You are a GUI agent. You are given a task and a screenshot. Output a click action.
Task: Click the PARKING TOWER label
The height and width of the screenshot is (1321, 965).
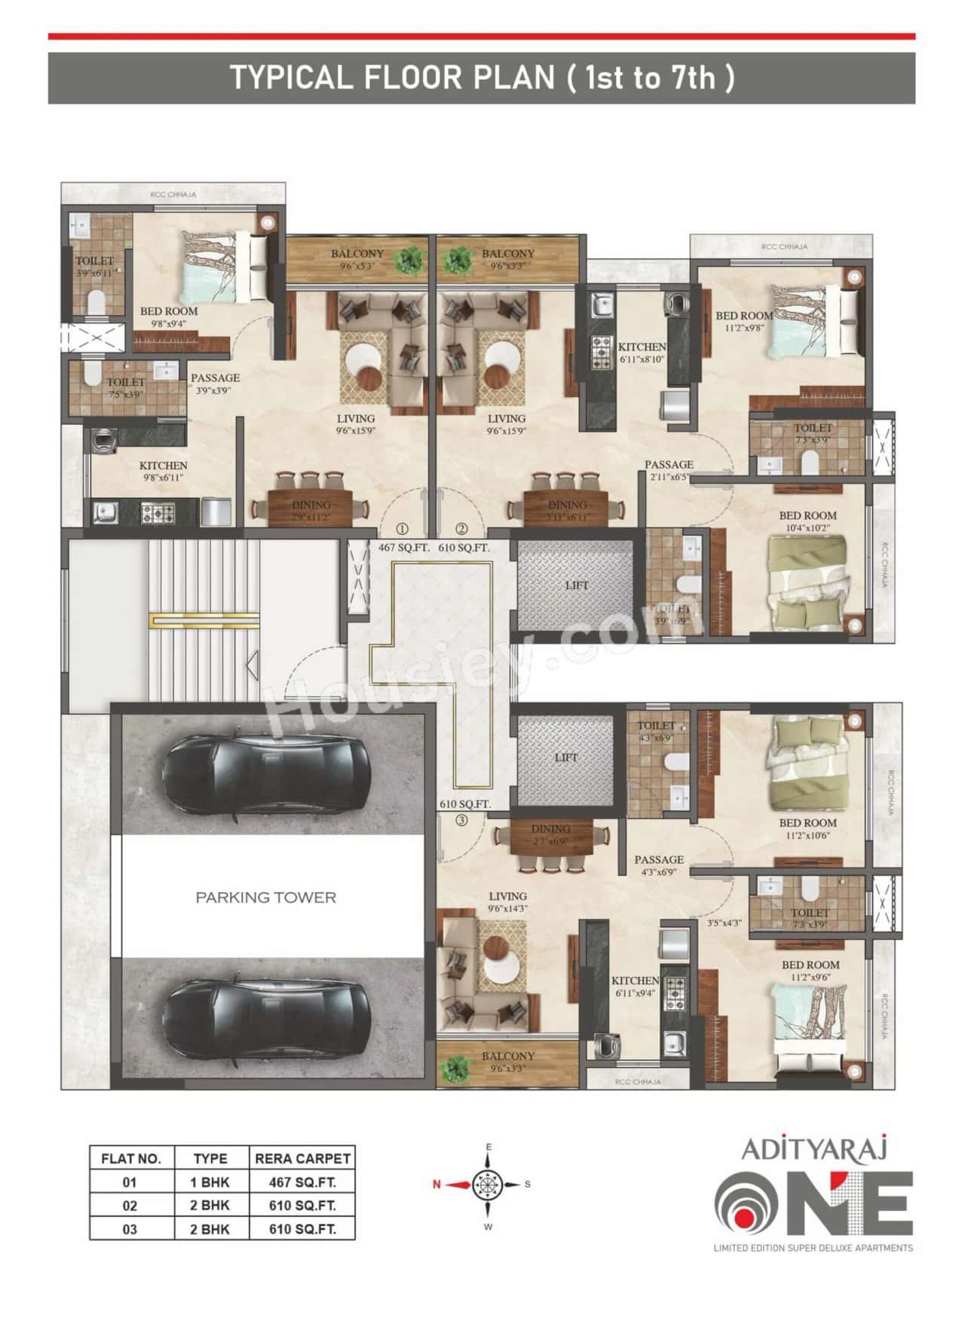tap(265, 897)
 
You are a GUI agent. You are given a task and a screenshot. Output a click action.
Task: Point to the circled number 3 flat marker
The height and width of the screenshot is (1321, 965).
tap(461, 821)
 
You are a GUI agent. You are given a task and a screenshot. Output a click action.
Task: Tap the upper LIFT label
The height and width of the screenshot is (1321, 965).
tap(577, 586)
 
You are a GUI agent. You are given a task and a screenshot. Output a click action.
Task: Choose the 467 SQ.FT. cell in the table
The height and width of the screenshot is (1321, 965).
tap(302, 1182)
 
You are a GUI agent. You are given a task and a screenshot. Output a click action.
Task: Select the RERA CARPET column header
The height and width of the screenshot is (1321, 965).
tap(302, 1158)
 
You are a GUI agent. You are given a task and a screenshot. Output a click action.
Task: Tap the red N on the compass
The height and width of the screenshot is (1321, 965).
tap(437, 1185)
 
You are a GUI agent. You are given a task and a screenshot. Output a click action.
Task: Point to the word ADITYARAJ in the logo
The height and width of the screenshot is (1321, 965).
tap(814, 1149)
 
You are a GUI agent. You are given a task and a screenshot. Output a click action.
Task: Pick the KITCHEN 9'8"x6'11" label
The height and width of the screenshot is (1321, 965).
tap(163, 471)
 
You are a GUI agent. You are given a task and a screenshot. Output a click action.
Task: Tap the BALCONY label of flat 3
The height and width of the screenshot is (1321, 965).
tap(507, 1061)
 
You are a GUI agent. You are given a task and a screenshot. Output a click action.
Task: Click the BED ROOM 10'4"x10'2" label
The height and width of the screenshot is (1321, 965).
tap(807, 521)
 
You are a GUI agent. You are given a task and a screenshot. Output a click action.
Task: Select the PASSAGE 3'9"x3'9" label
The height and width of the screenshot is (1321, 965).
tap(215, 384)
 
